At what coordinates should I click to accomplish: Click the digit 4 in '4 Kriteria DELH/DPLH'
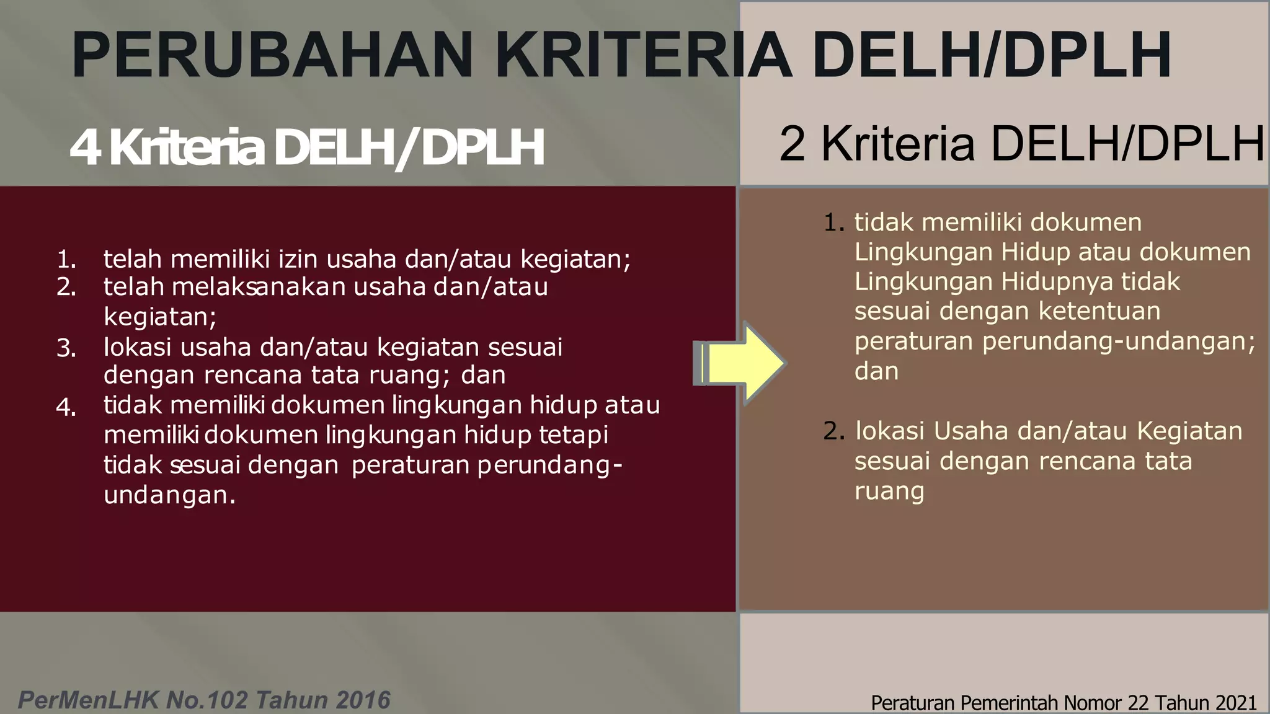85,149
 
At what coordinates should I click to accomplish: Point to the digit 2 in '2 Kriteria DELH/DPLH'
793,144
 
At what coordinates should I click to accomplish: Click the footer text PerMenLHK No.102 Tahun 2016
204,700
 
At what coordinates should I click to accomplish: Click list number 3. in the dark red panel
66,349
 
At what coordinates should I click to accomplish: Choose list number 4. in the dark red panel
66,408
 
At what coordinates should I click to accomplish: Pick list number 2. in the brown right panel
834,431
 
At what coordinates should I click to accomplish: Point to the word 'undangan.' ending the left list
169,495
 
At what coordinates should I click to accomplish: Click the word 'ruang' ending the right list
889,491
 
